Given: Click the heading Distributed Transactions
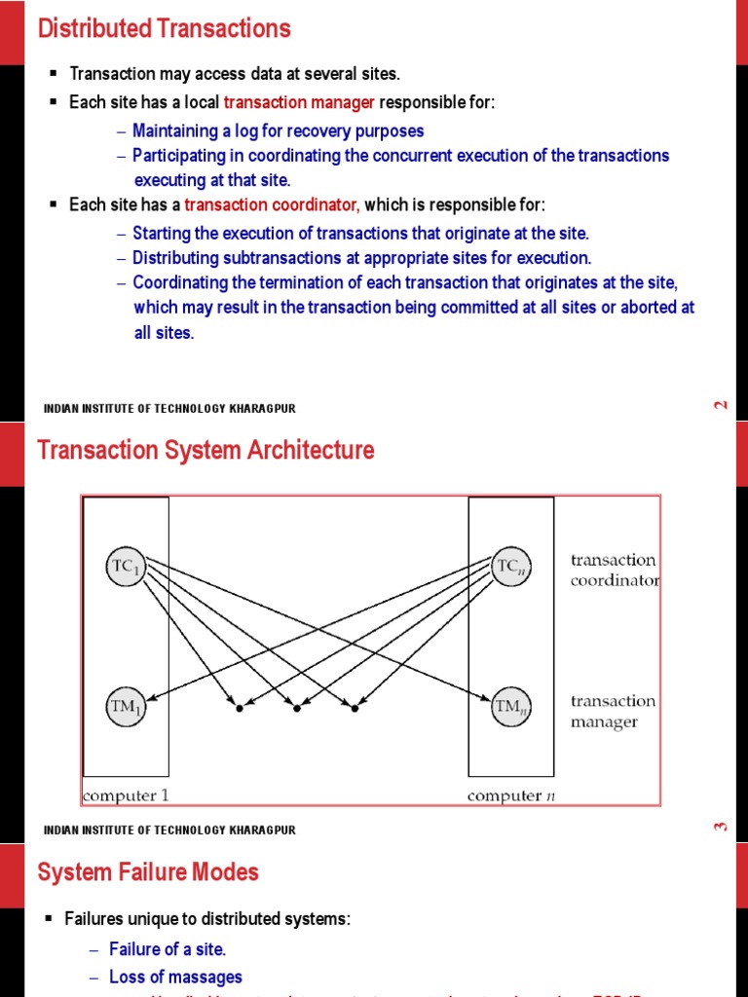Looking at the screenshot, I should point(164,29).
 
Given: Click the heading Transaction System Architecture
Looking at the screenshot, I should point(206,451).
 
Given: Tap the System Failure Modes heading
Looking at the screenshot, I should point(148,871).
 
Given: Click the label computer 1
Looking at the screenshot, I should point(126,795).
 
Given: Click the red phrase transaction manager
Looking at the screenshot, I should point(299,103).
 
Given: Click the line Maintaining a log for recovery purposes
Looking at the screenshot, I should point(278,130).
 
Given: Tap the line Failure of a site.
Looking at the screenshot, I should point(168,949).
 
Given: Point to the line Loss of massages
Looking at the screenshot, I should point(175,977).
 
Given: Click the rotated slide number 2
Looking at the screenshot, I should point(721,405).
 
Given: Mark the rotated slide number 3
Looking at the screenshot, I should point(721,827).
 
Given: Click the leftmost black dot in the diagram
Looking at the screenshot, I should point(239,708).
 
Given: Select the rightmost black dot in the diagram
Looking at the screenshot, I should point(355,708).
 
